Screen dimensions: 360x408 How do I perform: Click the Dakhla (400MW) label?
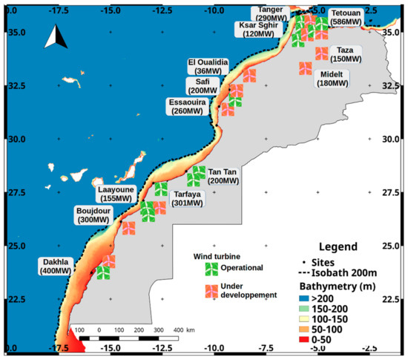pyautogui.click(x=54, y=266)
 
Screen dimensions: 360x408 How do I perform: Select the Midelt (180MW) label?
pyautogui.click(x=335, y=79)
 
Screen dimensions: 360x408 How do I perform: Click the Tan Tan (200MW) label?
pyautogui.click(x=224, y=176)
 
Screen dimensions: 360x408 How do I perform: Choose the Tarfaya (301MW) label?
pyautogui.click(x=182, y=198)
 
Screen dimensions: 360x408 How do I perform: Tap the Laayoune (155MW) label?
pyautogui.click(x=121, y=194)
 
